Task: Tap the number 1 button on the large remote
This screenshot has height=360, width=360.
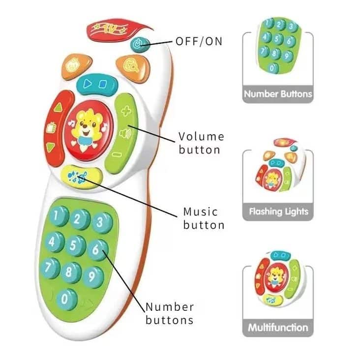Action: [x=60, y=215]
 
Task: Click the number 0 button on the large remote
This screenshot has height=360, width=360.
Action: [x=65, y=299]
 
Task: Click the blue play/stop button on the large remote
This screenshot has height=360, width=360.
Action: [x=95, y=84]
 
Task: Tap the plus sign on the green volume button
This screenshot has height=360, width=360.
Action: [x=126, y=111]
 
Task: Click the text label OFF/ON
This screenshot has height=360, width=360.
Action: [x=199, y=41]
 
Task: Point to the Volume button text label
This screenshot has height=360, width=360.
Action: [x=201, y=143]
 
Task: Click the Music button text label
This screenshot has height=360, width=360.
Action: [x=204, y=218]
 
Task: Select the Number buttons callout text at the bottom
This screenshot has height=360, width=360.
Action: [x=169, y=313]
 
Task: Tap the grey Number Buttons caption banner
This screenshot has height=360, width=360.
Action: [x=277, y=94]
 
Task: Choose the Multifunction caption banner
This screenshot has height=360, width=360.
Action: [x=278, y=327]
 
